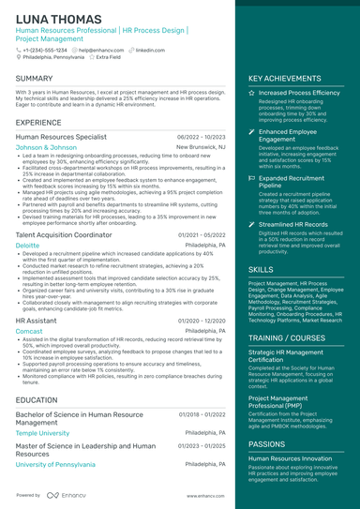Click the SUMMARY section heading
(x=35, y=79)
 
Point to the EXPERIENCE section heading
(x=38, y=123)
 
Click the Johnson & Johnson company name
(x=46, y=147)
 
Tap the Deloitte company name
(x=28, y=245)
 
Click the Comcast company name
(x=29, y=331)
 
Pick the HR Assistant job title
(x=37, y=321)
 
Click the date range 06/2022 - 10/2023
(x=201, y=137)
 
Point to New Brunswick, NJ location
(x=201, y=147)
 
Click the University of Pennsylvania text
(x=55, y=464)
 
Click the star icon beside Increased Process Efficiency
(x=251, y=94)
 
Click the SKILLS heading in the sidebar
(x=261, y=269)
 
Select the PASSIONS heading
(x=267, y=443)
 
